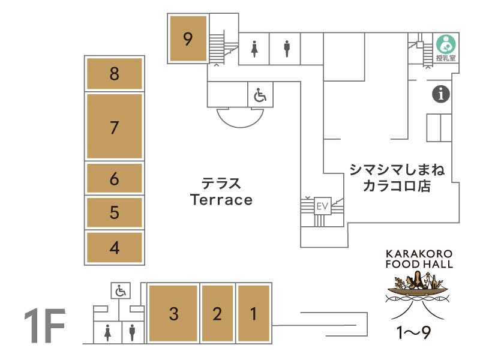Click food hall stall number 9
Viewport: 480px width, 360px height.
click(x=188, y=38)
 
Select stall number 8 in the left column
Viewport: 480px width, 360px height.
click(x=115, y=74)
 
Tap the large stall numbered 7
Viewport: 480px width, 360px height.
click(x=115, y=126)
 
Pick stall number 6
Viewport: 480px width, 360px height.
click(x=115, y=178)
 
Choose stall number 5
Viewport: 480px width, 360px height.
click(x=115, y=212)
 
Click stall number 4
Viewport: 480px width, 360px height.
click(x=115, y=247)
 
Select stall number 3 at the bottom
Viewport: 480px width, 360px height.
click(x=173, y=313)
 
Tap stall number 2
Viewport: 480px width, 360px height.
click(x=217, y=313)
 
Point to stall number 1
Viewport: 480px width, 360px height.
click(x=254, y=313)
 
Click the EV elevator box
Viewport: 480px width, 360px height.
click(x=323, y=206)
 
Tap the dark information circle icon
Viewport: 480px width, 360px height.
click(x=441, y=94)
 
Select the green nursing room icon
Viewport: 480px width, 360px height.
click(x=446, y=44)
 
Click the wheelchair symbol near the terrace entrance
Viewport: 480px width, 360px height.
click(x=260, y=95)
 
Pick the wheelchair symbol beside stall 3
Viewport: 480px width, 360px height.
click(x=121, y=290)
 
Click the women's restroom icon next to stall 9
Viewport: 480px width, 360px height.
click(x=254, y=49)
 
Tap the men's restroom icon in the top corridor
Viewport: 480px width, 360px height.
click(x=287, y=49)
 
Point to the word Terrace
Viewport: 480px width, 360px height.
click(x=221, y=200)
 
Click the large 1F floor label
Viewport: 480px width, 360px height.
click(x=45, y=326)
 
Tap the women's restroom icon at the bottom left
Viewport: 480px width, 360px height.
click(x=107, y=333)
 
